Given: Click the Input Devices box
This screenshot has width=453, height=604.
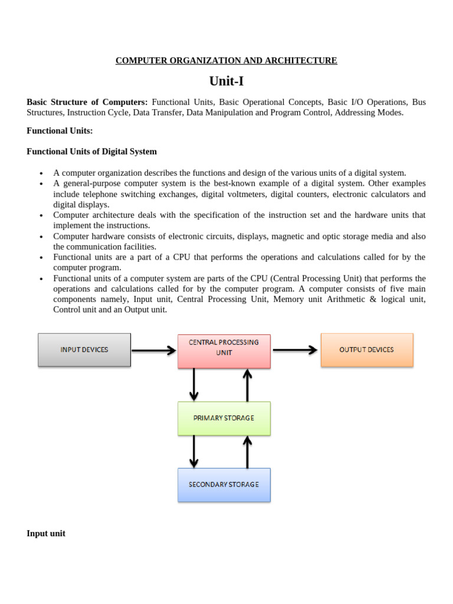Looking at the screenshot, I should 84,350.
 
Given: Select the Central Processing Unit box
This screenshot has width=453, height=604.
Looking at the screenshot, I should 224,350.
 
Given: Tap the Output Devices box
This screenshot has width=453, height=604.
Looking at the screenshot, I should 366,350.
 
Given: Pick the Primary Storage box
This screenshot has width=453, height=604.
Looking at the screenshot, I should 224,418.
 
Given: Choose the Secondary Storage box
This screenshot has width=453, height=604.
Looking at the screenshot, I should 224,485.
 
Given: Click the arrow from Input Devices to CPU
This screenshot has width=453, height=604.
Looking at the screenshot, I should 153,350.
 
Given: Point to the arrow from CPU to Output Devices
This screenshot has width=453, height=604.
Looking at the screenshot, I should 295,350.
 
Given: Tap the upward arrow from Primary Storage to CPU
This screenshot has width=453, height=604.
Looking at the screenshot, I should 247,385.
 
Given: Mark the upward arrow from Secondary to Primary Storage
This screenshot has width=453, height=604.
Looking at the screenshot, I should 247,451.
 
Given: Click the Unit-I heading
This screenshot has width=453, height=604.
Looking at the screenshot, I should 226,81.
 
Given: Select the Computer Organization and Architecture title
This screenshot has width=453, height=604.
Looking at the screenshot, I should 226,61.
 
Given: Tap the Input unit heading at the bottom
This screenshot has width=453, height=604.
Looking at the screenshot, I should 46,533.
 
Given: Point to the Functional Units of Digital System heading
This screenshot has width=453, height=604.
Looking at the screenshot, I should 91,152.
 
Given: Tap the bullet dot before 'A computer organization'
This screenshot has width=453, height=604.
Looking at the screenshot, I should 41,173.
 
